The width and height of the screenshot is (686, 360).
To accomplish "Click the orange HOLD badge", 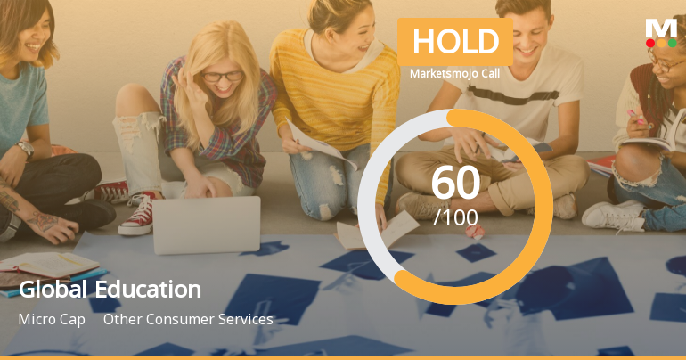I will tap(454, 42).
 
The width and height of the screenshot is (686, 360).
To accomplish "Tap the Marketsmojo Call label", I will tap(454, 73).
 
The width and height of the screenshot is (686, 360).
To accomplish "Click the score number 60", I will tap(455, 183).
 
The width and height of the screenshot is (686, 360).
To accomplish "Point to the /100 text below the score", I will tap(455, 217).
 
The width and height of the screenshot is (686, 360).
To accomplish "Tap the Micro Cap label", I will tap(52, 319).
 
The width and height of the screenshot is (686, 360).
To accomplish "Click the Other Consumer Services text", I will tap(188, 319).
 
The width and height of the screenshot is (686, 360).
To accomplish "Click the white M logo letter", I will tap(660, 27).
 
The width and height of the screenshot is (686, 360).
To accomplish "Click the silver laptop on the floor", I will tap(206, 225).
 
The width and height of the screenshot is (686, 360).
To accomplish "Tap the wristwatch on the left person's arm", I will tap(25, 150).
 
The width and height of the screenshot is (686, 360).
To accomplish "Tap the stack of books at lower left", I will tap(49, 267).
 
